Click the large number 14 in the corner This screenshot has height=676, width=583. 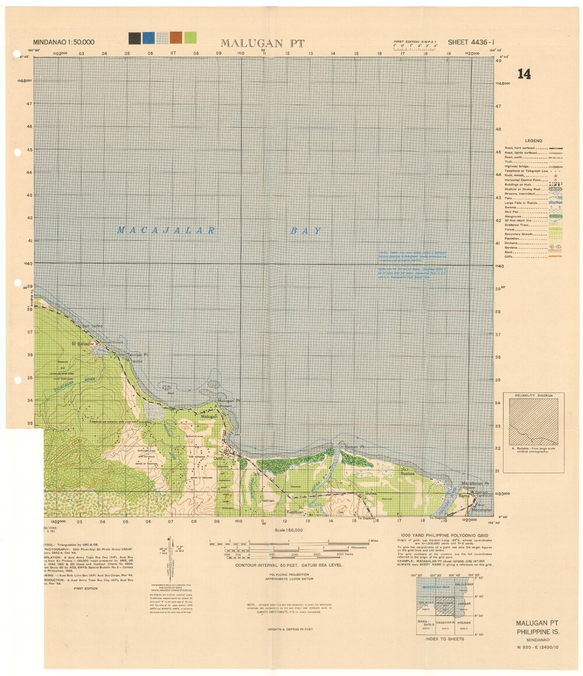[x=524, y=74]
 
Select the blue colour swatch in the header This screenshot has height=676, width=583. [x=149, y=38]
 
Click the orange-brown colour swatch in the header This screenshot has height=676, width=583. [x=176, y=38]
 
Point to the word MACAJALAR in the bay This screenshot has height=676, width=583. [x=166, y=230]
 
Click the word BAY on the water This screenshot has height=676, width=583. [x=306, y=231]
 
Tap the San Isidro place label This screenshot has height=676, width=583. [x=92, y=325]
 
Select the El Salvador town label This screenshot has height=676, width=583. [x=82, y=344]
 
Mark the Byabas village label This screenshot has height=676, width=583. [x=408, y=474]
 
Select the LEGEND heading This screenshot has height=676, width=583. [x=533, y=140]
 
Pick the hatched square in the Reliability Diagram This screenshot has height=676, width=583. [x=533, y=422]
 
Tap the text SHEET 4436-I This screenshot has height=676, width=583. [x=471, y=42]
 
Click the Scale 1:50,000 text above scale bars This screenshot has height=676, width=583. [x=289, y=530]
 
